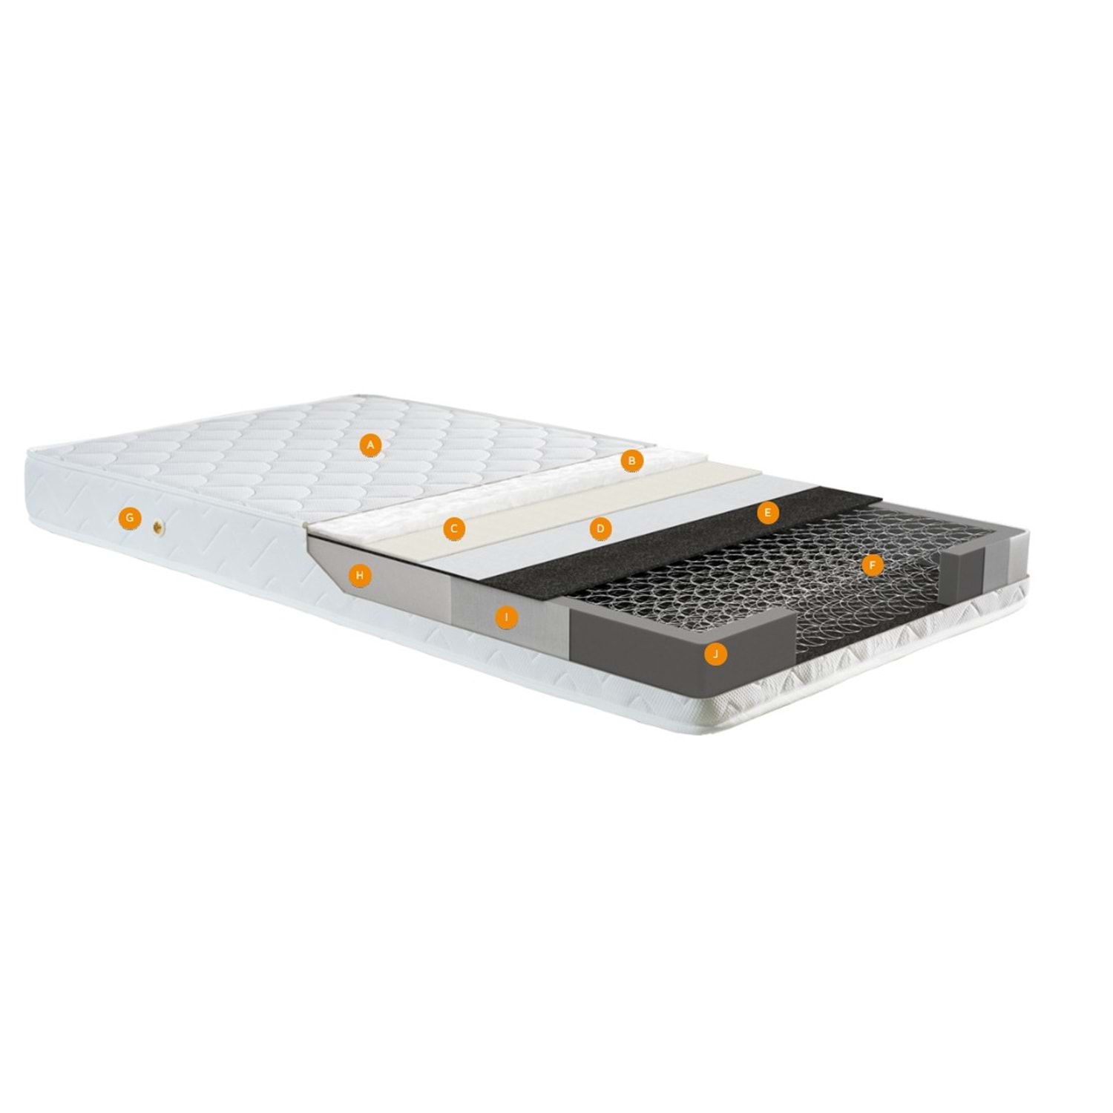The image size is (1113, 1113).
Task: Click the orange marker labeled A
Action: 370,445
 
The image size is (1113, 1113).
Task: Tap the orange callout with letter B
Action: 631,461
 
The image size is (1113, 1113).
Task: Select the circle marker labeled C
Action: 454,529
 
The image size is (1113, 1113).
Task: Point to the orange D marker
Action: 600,529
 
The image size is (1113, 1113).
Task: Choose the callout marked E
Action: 768,512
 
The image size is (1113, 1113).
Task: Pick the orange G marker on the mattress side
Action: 130,518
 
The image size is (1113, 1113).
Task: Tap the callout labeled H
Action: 360,575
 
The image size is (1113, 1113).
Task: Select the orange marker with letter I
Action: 506,617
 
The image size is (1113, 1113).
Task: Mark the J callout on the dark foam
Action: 715,654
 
